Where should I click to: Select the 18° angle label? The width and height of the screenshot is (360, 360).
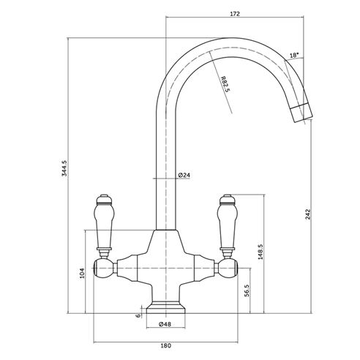(x=294, y=56)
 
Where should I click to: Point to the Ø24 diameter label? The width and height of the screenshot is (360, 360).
(x=184, y=175)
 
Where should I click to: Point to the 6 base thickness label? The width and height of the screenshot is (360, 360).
(x=137, y=315)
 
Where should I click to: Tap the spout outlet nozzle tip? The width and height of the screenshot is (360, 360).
(x=302, y=114)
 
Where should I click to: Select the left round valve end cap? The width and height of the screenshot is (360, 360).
(x=101, y=269)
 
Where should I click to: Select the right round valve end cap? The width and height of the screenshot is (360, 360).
(x=228, y=269)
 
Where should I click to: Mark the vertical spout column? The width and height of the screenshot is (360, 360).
(x=165, y=168)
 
